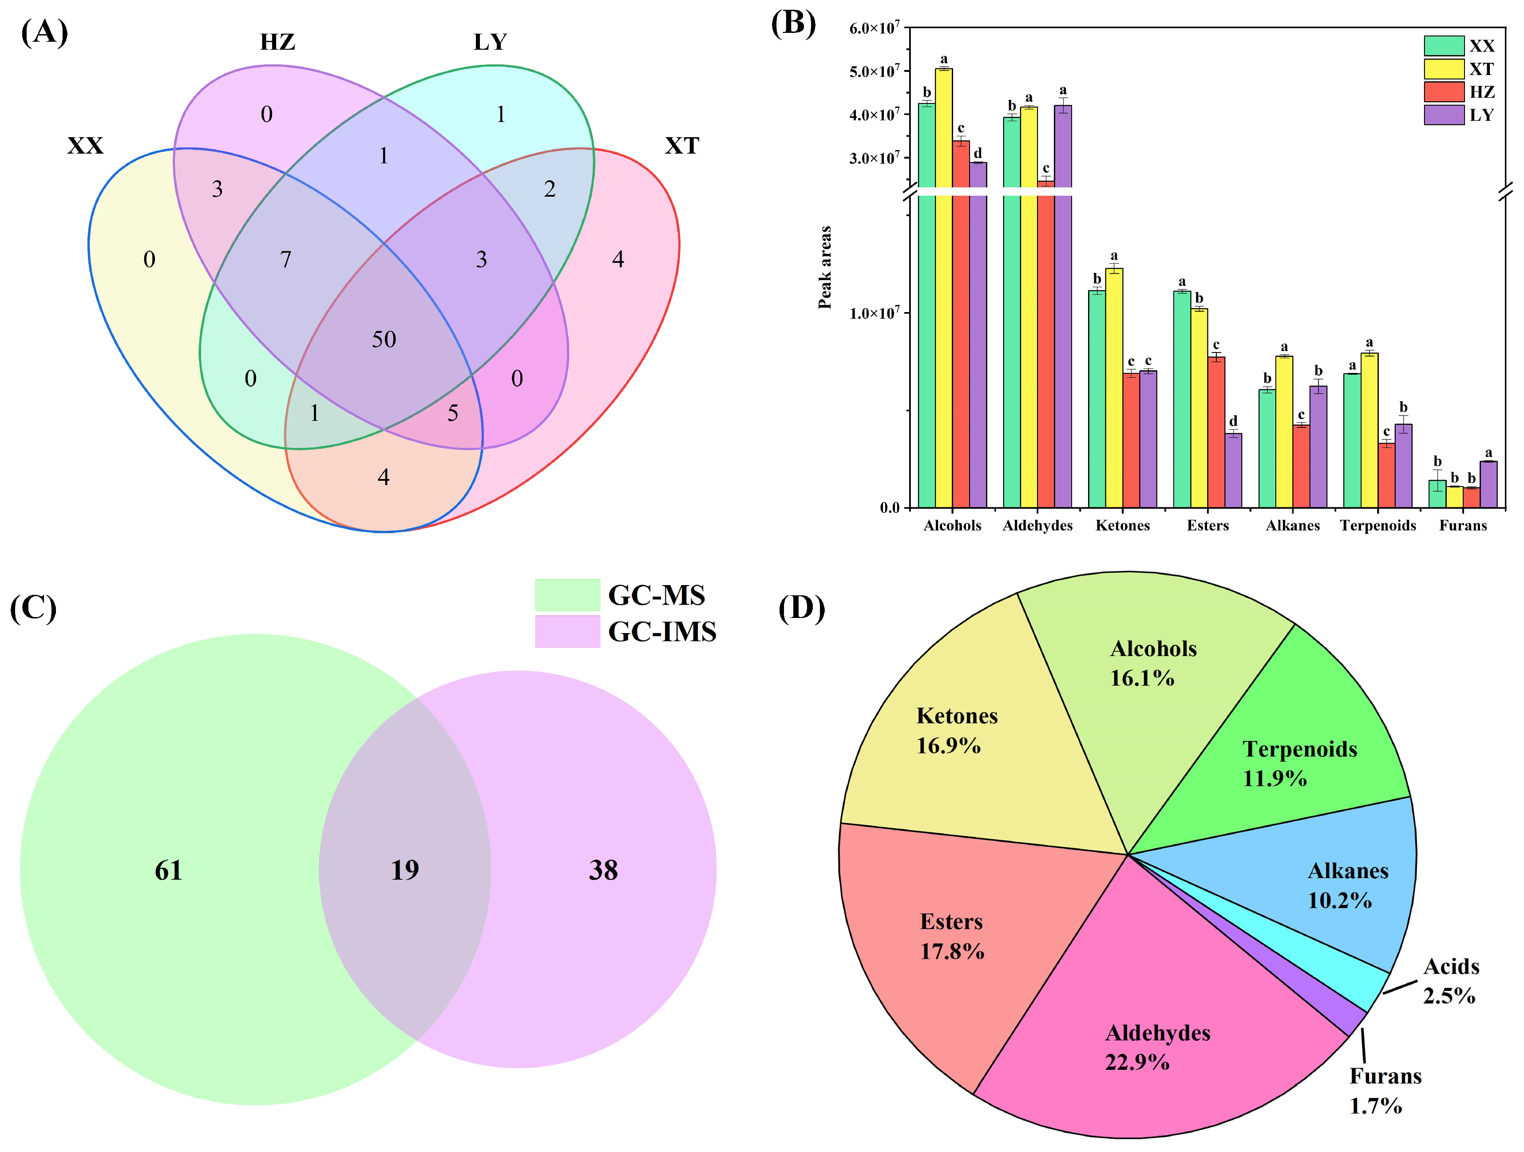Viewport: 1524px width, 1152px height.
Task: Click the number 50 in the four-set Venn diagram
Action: pos(384,339)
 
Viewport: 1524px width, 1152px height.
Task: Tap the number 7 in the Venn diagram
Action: pos(285,260)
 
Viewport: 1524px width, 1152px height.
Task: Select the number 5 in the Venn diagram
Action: pos(453,413)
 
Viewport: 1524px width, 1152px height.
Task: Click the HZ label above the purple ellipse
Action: pos(277,42)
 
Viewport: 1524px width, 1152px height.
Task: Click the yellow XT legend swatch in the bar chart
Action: pos(1443,69)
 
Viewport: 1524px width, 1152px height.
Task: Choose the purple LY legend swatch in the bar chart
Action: pos(1443,115)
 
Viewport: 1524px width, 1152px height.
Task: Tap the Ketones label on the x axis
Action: pos(1122,526)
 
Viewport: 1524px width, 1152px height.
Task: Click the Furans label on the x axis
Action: pos(1463,526)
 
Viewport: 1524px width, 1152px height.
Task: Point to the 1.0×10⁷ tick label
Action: pos(874,313)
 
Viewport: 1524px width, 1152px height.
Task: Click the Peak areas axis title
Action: pos(825,267)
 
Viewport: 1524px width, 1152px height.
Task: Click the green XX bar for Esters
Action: pos(1182,400)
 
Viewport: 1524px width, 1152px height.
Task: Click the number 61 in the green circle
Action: pos(169,870)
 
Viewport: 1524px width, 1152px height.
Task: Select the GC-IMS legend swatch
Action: pos(567,631)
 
